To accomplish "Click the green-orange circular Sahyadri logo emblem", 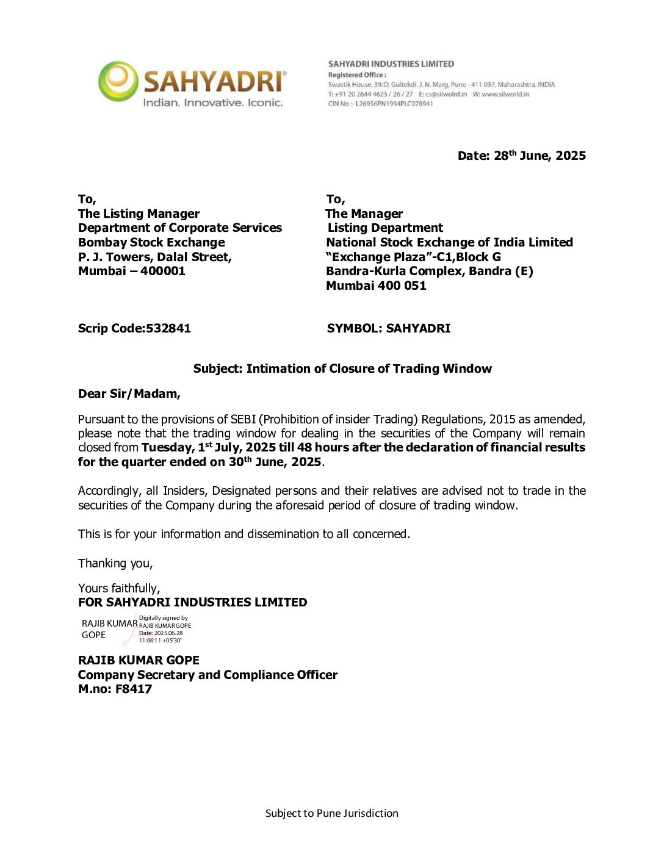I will (x=118, y=81).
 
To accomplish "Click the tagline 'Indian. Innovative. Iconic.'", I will (x=212, y=102).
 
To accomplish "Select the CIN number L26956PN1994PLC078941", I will (x=394, y=104).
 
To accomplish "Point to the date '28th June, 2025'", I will (x=539, y=156).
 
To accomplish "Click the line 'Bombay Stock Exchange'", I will (x=151, y=242).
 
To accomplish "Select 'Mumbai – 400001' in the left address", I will (x=132, y=271).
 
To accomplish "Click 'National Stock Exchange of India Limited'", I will (x=449, y=242).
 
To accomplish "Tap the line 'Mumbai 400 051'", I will (x=376, y=286).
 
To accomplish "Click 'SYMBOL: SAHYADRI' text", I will (x=389, y=328).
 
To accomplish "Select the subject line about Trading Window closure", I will (x=342, y=368).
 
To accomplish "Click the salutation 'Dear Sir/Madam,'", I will (x=129, y=394).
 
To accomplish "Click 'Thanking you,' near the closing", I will (x=115, y=563).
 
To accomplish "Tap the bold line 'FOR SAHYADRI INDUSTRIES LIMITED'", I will (x=192, y=602).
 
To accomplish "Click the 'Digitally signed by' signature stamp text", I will (x=164, y=618).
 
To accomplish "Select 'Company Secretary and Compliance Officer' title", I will (x=208, y=675).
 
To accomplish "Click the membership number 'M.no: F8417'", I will (x=115, y=689).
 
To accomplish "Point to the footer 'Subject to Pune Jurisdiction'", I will (x=331, y=813).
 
